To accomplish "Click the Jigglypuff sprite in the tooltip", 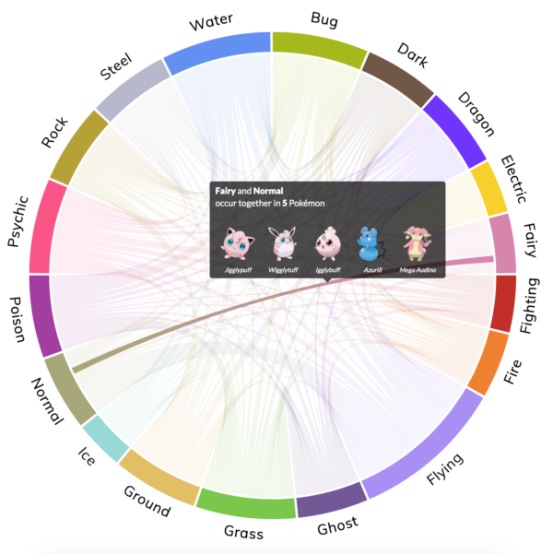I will (238, 243).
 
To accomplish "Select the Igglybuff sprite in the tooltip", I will (327, 242).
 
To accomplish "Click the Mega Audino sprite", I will (418, 242).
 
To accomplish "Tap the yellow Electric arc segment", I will (488, 189).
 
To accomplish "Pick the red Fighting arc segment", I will (504, 302).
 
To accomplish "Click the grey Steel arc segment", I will (128, 92).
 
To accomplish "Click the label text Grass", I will (243, 533).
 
